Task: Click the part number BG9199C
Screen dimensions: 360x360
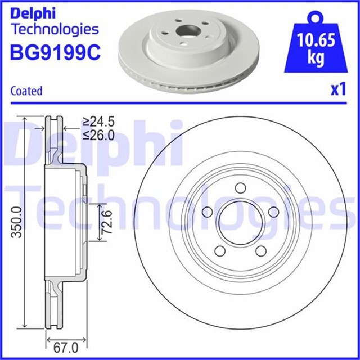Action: tap(55, 52)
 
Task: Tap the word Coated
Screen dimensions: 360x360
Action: tap(26, 91)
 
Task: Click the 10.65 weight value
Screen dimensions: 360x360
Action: tap(318, 41)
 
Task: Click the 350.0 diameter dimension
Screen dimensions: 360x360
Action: tap(17, 222)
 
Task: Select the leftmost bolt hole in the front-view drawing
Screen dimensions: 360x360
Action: tap(206, 212)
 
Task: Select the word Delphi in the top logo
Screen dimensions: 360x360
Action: tap(32, 12)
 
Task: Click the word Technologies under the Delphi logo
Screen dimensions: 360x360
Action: tap(55, 29)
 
